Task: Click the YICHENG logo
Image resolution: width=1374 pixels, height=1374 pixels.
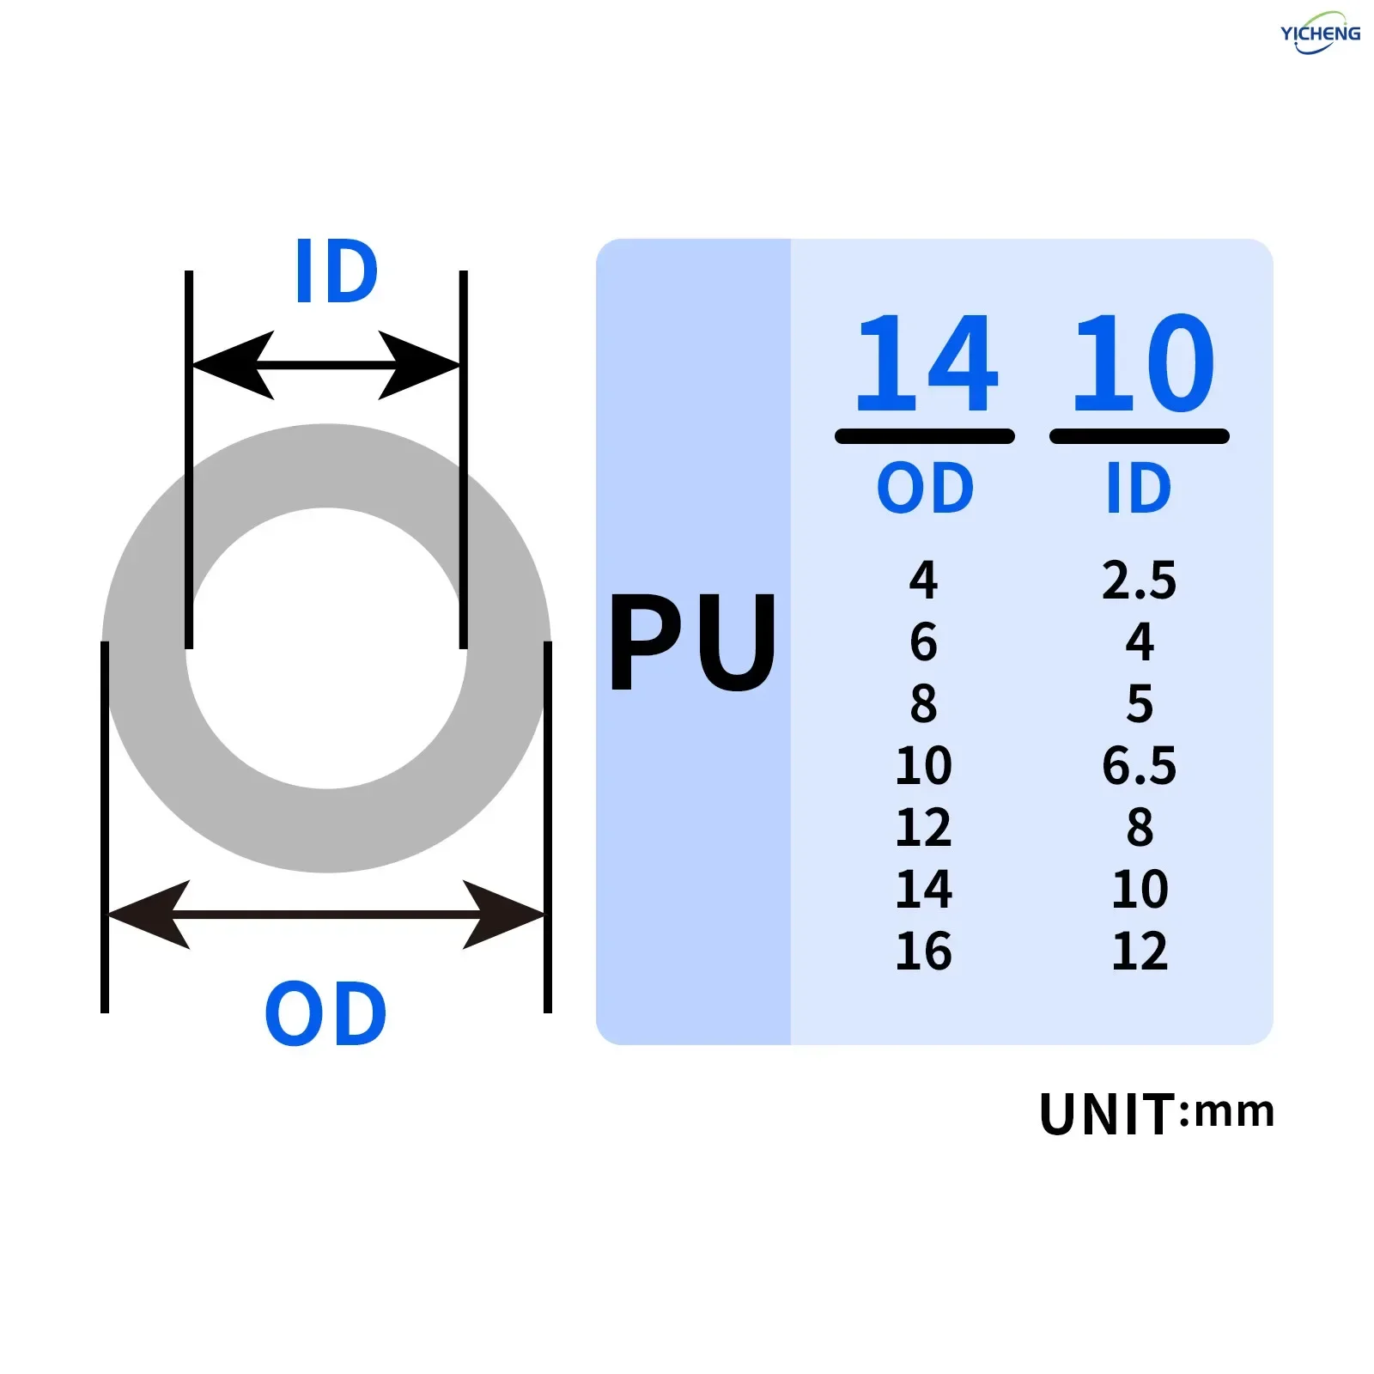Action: coord(1320,33)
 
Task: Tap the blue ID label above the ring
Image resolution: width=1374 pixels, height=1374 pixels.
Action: coord(336,272)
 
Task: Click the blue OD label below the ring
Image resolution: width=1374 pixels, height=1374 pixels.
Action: coord(325,1014)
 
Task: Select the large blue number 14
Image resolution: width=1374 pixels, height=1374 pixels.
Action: coord(927,364)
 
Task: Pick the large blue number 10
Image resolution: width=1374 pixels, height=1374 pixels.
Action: coord(1143,364)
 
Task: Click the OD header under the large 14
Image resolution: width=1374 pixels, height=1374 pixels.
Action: coord(925,488)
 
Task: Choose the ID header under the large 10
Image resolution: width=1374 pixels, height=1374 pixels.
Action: coord(1139,488)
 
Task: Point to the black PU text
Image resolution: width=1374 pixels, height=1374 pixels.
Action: coord(692,642)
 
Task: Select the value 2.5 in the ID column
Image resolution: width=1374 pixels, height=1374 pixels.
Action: coord(1139,581)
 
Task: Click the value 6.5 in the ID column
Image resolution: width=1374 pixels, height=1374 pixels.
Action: coord(1139,765)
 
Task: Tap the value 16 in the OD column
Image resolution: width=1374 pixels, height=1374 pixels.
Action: coord(923,951)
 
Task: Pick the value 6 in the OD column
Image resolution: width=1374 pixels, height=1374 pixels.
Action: coord(923,642)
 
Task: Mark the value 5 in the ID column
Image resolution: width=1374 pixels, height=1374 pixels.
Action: coord(1140,704)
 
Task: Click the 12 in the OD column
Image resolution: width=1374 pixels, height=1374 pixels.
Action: coord(923,828)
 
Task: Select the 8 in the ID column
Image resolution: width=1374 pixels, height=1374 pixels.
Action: coord(1140,828)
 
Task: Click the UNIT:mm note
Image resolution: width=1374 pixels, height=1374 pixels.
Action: coord(1156,1114)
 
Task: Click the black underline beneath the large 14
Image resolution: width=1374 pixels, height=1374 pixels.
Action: coord(925,436)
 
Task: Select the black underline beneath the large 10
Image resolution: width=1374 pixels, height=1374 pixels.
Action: coord(1139,436)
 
